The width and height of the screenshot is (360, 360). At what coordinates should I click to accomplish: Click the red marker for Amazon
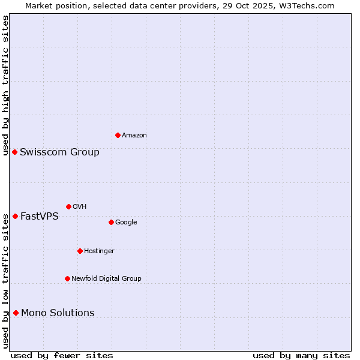pyautogui.click(x=118, y=135)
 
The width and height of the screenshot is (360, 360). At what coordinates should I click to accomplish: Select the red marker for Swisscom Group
pyautogui.click(x=14, y=152)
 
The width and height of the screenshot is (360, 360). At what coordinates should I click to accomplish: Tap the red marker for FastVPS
pyautogui.click(x=15, y=216)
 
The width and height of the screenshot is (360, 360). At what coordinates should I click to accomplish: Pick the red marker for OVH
pyautogui.click(x=68, y=206)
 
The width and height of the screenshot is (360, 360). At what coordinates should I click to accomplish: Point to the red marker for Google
pyautogui.click(x=111, y=222)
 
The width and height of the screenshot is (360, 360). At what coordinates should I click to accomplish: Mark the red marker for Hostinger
pyautogui.click(x=80, y=251)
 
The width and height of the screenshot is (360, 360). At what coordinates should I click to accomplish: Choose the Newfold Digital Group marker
pyautogui.click(x=67, y=278)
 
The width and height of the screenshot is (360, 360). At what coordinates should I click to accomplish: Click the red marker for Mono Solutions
pyautogui.click(x=16, y=313)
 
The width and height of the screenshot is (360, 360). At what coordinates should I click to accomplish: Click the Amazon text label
pyautogui.click(x=134, y=136)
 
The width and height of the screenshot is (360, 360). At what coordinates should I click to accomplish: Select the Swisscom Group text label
pyautogui.click(x=59, y=152)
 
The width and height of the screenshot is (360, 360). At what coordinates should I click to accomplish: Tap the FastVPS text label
pyautogui.click(x=40, y=217)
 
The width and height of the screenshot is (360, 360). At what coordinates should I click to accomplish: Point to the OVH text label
pyautogui.click(x=80, y=207)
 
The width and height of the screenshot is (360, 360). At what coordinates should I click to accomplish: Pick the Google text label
pyautogui.click(x=126, y=223)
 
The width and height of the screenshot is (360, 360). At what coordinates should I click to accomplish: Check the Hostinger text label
pyautogui.click(x=99, y=251)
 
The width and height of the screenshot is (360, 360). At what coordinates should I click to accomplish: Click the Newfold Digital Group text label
pyautogui.click(x=106, y=279)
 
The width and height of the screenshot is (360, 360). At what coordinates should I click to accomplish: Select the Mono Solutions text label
pyautogui.click(x=58, y=313)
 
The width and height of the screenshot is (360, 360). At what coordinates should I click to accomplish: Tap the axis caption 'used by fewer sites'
pyautogui.click(x=62, y=355)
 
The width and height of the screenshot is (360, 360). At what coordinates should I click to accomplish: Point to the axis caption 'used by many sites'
pyautogui.click(x=301, y=355)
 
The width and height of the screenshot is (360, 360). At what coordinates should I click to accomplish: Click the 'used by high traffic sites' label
pyautogui.click(x=5, y=85)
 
